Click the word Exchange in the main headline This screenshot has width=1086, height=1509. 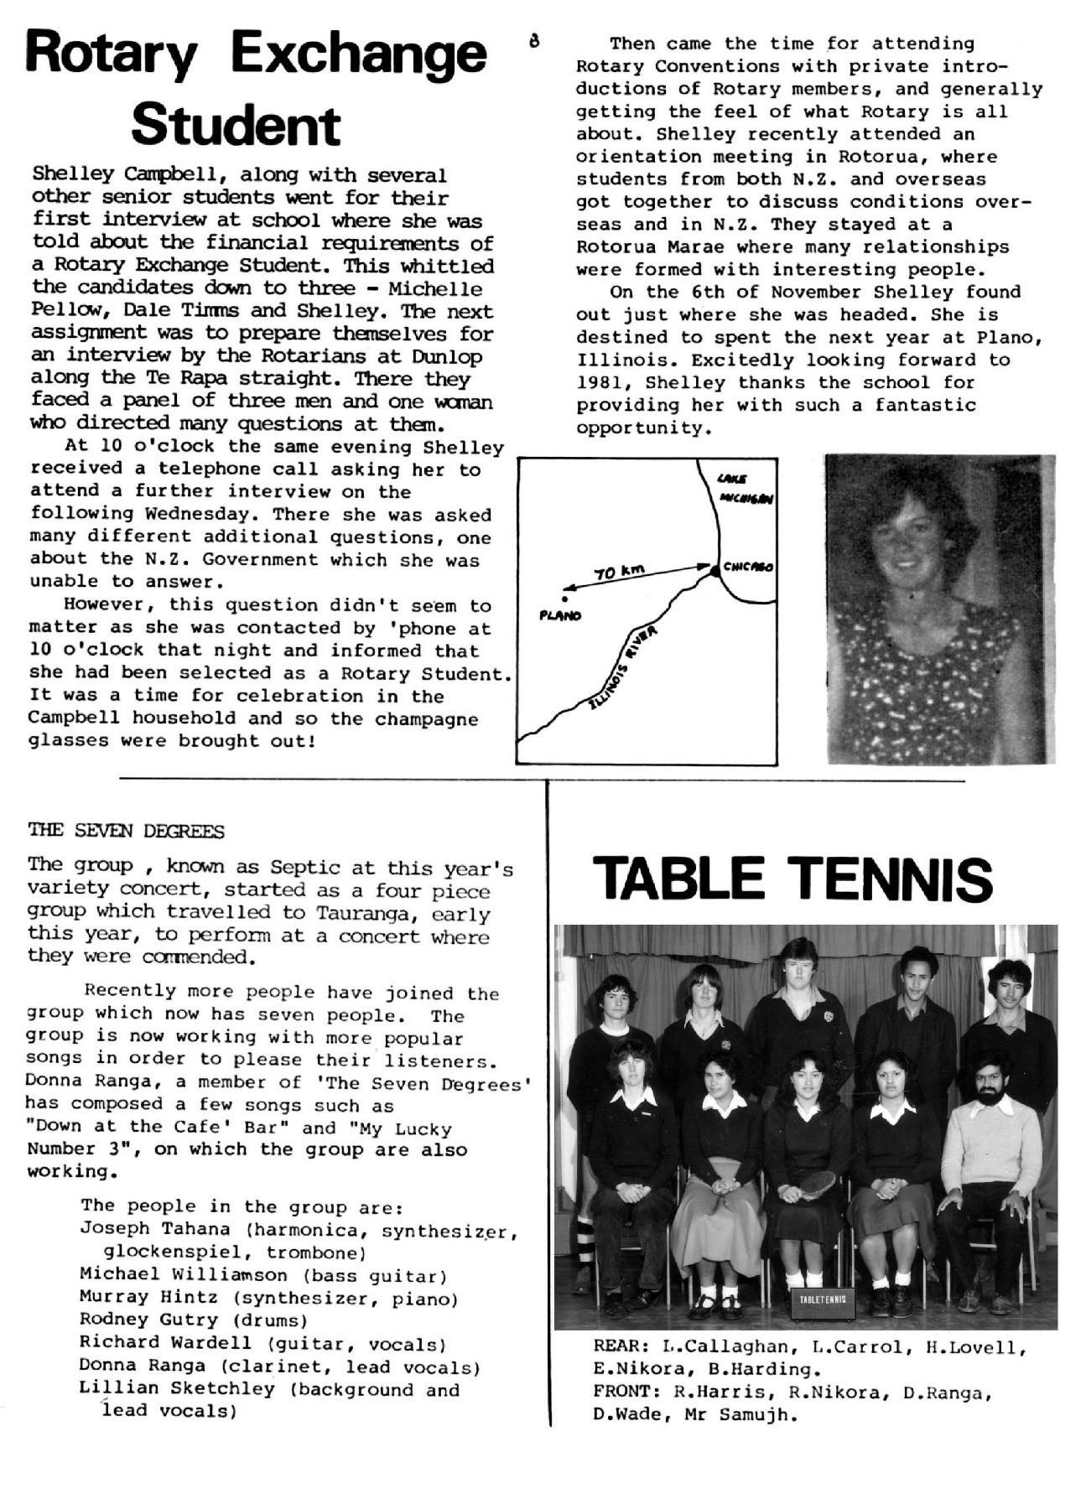pyautogui.click(x=358, y=54)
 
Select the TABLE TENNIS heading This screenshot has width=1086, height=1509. pyautogui.click(x=792, y=879)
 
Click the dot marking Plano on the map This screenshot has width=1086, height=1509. pyautogui.click(x=565, y=599)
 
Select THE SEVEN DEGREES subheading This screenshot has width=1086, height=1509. pyautogui.click(x=126, y=831)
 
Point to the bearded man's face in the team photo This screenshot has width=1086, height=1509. pyautogui.click(x=993, y=1081)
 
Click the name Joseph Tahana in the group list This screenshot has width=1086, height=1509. pyautogui.click(x=154, y=1229)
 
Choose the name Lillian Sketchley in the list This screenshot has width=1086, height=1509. pyautogui.click(x=177, y=1389)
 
